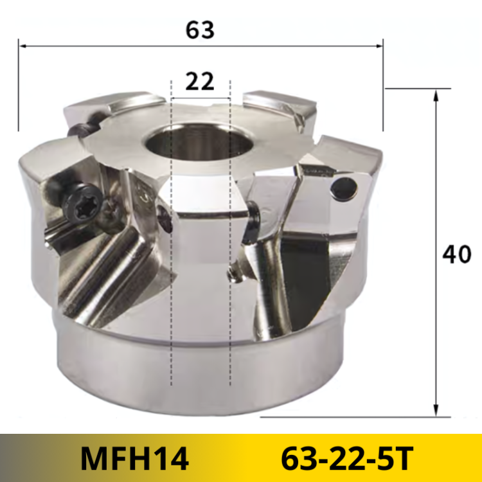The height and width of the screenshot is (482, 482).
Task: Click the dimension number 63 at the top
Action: (x=200, y=30)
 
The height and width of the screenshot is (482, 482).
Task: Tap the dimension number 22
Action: (x=200, y=81)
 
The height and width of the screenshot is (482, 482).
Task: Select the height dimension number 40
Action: (x=457, y=255)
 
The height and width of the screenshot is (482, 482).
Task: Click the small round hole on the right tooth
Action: (x=345, y=187)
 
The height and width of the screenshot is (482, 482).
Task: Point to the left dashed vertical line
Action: (x=171, y=257)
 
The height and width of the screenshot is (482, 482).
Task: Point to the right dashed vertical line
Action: (x=230, y=257)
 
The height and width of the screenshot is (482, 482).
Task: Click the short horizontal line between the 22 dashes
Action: (x=200, y=100)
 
